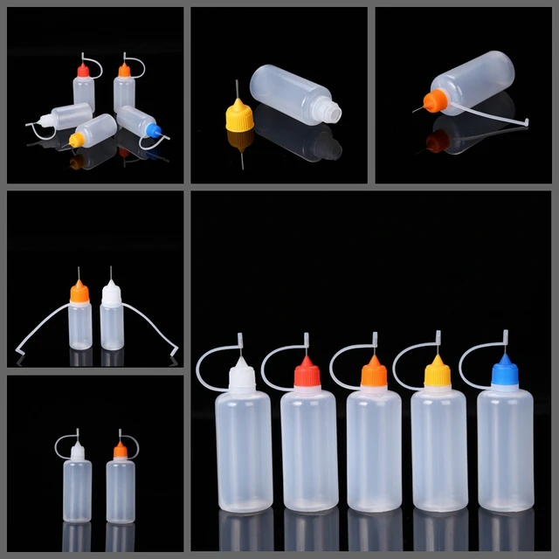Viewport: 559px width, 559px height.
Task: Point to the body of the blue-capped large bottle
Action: coord(505,450)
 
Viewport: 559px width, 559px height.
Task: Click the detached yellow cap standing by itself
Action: coord(239,116)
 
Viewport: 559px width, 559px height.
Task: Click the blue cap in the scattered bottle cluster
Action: coord(155,131)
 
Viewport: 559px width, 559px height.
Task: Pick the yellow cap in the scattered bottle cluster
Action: coord(77,140)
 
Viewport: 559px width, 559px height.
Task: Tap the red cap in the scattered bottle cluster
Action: coord(84,71)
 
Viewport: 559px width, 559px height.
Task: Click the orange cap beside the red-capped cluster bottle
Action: coord(125,70)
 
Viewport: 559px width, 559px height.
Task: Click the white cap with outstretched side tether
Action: coord(111,293)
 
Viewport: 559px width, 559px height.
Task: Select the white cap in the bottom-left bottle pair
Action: coord(77,452)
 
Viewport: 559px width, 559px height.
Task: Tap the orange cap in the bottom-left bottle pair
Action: coord(120,452)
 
